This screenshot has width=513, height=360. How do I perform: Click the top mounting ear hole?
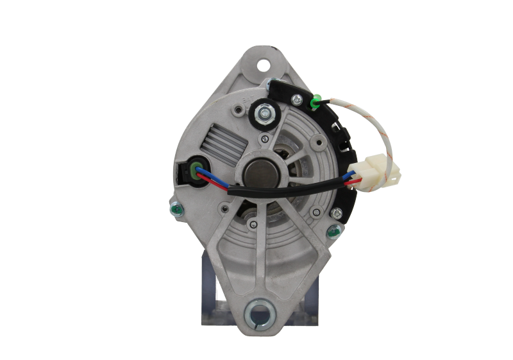click(x=262, y=65)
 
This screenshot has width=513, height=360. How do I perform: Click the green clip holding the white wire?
click(x=315, y=101)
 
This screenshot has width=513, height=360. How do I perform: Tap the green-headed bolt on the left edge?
click(x=174, y=209)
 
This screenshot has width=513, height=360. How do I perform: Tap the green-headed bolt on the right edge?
click(x=333, y=230)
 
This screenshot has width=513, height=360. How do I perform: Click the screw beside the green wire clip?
click(x=298, y=99)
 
